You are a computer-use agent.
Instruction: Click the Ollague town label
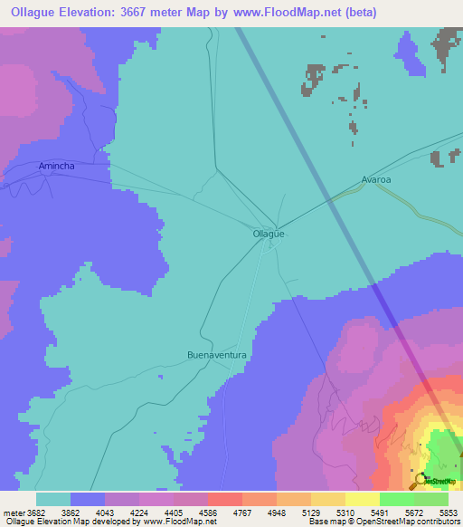click(269, 234)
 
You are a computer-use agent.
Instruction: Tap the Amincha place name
click(57, 167)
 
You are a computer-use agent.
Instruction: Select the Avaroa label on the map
click(375, 179)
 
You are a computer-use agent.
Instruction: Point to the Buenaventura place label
click(217, 356)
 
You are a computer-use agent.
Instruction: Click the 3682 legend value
click(36, 513)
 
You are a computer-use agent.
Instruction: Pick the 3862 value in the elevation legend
click(83, 513)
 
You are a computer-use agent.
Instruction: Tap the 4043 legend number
click(118, 513)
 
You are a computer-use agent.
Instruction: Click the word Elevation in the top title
click(101, 13)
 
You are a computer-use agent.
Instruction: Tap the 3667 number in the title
click(158, 13)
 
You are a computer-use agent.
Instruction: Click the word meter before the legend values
click(13, 513)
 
